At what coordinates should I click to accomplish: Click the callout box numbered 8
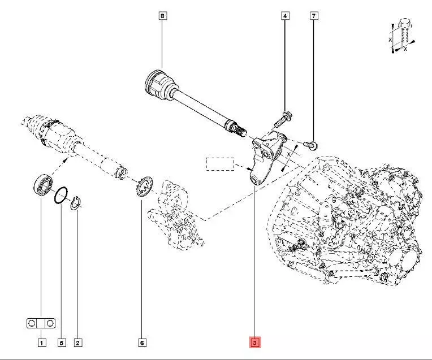pos(162,16)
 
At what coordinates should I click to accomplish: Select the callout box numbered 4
pos(285,16)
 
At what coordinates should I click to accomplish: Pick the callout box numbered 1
pos(41,342)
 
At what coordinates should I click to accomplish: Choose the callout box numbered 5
pos(62,342)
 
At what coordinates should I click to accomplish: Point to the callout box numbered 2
pos(78,342)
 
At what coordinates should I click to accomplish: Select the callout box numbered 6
pos(141,342)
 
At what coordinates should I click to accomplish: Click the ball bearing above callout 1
pos(42,185)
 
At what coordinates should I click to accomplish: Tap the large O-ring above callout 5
pos(62,196)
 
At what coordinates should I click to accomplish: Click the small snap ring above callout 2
pos(77,204)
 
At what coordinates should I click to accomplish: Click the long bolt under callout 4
pos(283,119)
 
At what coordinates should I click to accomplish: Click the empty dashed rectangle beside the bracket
pos(219,164)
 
